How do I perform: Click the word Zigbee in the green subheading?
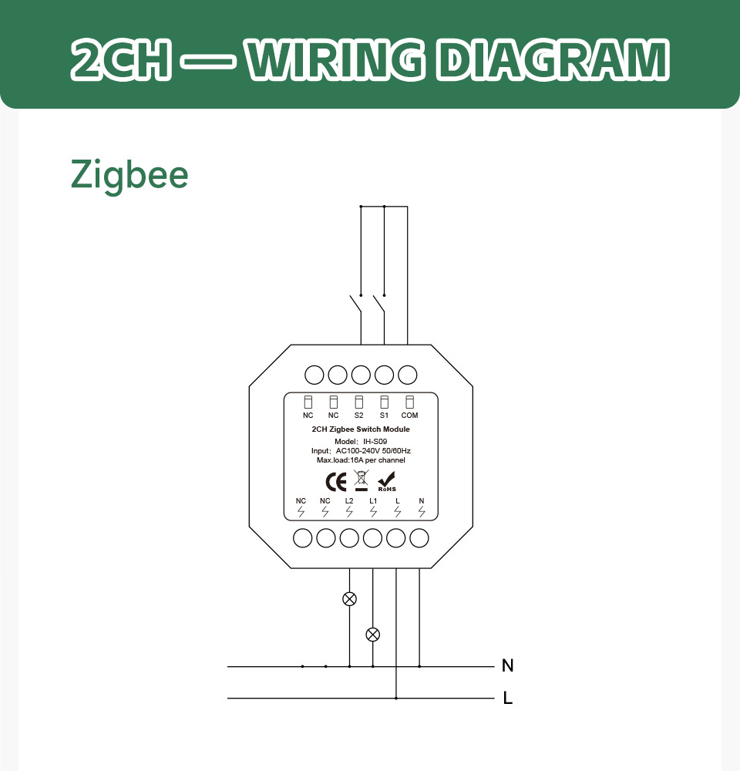pyautogui.click(x=129, y=175)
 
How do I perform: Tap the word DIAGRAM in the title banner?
pyautogui.click(x=553, y=60)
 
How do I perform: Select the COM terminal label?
pyautogui.click(x=409, y=416)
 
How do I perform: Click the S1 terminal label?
pyautogui.click(x=384, y=416)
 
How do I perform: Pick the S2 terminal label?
pyautogui.click(x=359, y=416)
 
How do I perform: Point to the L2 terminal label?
pyautogui.click(x=349, y=501)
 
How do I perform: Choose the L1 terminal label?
pyautogui.click(x=373, y=501)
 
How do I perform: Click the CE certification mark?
pyautogui.click(x=336, y=481)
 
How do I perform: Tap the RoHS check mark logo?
pyautogui.click(x=387, y=482)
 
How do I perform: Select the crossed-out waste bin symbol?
pyautogui.click(x=361, y=480)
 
